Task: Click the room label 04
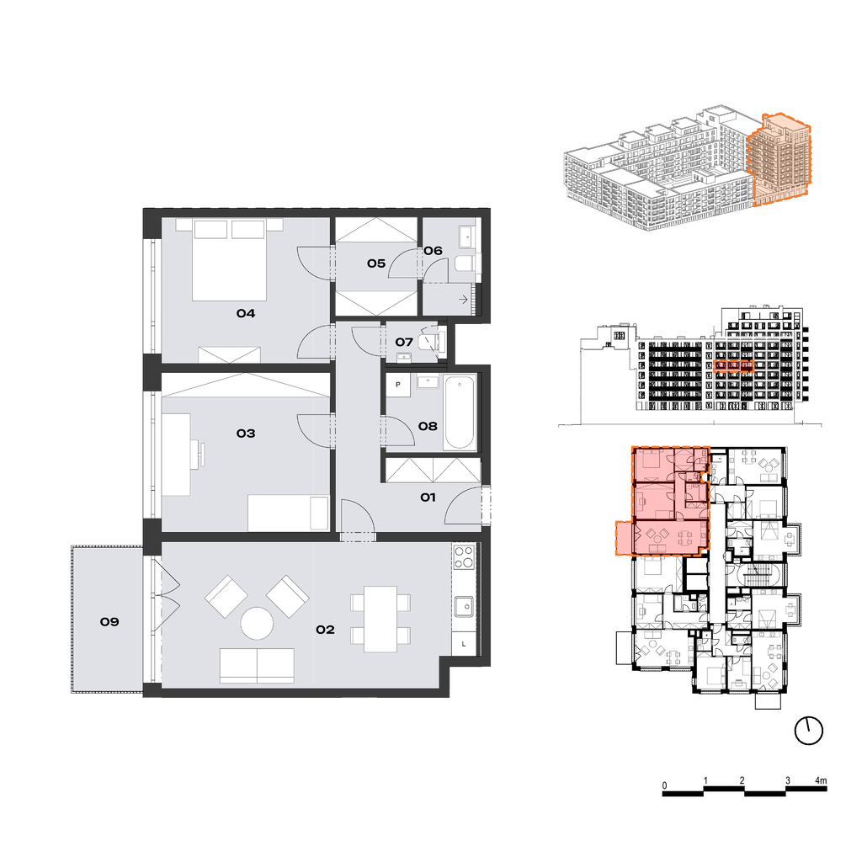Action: pos(246,313)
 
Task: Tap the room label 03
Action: pos(246,434)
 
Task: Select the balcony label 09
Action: pos(109,622)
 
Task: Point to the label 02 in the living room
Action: pos(325,630)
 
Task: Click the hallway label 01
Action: pos(428,497)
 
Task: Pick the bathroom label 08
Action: pos(428,426)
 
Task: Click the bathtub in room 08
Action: pos(460,412)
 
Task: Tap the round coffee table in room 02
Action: pos(257,623)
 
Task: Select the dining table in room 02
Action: pos(380,619)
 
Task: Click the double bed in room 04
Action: pos(229,260)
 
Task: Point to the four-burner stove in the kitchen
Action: pos(464,556)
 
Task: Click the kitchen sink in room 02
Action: pos(464,606)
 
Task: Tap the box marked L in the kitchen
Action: pos(464,643)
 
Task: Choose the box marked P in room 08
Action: pos(398,385)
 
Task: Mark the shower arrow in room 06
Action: pos(463,300)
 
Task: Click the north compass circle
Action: pos(809,731)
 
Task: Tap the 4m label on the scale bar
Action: pos(820,780)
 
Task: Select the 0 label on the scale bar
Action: pos(665,785)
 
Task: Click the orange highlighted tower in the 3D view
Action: pos(779,158)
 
